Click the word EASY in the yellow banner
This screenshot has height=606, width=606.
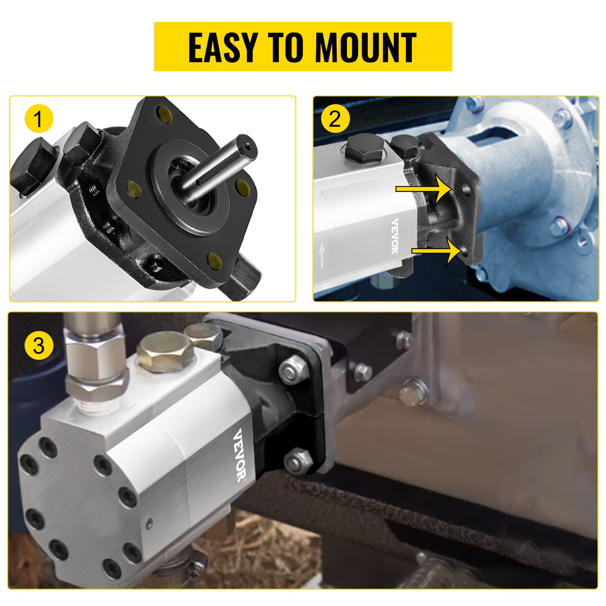coord(223,47)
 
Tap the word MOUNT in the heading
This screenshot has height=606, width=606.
coord(365,47)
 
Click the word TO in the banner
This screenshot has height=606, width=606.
coord(286,47)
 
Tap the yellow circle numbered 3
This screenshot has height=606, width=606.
coord(39,345)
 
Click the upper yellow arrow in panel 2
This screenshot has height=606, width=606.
coord(424,189)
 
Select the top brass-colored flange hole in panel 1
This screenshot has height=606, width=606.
coord(165,114)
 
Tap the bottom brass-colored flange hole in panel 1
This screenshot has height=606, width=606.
coord(215,261)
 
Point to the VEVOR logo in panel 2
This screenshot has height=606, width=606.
coord(395,236)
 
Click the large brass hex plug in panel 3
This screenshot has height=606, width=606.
coord(166,351)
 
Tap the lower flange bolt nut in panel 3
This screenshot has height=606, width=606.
coord(298,461)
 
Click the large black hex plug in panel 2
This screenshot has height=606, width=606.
coord(366,148)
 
